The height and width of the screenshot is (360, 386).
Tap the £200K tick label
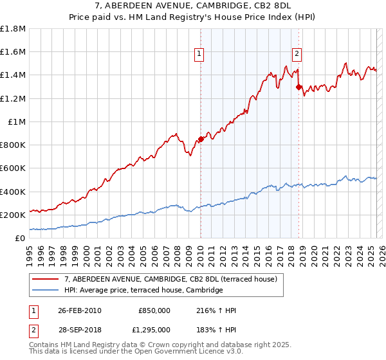[13, 215]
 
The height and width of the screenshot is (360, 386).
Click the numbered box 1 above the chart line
[200, 54]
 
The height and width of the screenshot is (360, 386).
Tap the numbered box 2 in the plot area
[297, 54]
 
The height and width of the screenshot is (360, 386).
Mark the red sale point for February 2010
[201, 139]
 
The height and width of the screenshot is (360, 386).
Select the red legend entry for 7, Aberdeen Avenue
[170, 279]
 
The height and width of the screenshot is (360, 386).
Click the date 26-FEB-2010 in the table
[80, 310]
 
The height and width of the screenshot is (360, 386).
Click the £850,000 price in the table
[154, 310]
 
